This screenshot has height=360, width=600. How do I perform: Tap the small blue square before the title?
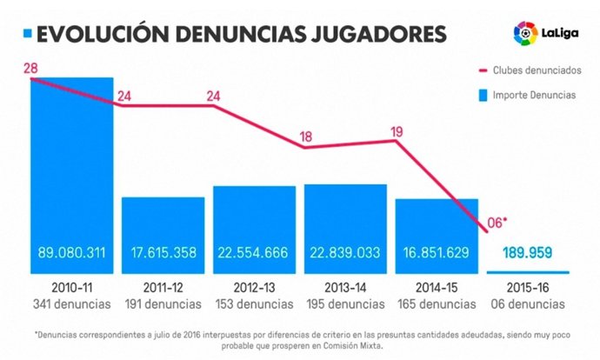point(28,34)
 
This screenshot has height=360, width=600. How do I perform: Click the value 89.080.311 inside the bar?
point(71,254)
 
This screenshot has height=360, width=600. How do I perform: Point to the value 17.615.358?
point(163,254)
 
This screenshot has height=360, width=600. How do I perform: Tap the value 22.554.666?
point(254,254)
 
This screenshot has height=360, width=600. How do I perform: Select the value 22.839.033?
point(345,254)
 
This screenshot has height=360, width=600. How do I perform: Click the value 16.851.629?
point(437,254)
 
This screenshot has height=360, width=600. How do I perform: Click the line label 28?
point(30,68)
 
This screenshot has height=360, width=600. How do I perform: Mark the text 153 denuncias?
point(254,303)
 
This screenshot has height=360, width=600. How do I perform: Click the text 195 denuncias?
point(345,303)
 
